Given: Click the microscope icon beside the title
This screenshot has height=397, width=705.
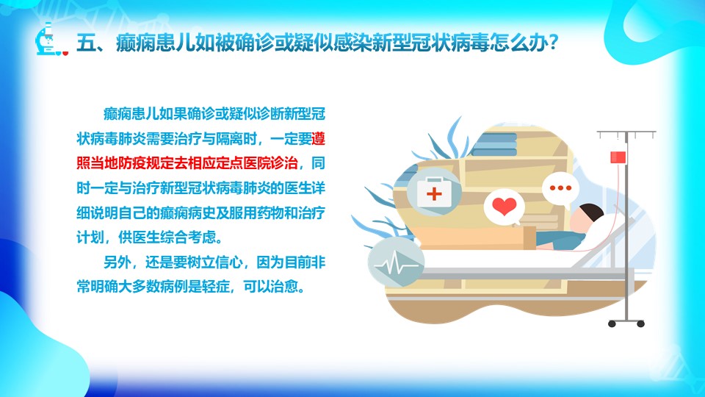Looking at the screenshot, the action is pos(51,40).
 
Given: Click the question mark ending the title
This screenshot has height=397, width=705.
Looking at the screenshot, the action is pos(553,43).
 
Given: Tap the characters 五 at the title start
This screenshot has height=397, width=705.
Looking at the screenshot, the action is pos(85,43).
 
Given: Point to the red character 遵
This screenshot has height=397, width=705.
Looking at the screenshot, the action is pos(318,139).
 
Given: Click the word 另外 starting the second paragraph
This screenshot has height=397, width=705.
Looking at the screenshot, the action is pos(117,262).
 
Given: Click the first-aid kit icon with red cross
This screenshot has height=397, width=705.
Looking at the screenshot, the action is pos(434,192).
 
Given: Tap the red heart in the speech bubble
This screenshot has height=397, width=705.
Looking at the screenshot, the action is pos(504,206).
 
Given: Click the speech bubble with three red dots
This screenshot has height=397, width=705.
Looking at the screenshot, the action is pos(560,189).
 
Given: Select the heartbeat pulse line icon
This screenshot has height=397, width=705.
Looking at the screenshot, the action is pos(396,263).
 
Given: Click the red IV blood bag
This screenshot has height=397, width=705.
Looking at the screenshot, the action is pos(618,157).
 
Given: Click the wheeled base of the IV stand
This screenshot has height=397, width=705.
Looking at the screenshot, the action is pos(626,322).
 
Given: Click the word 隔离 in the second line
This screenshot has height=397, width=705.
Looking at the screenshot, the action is pos(229,139).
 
